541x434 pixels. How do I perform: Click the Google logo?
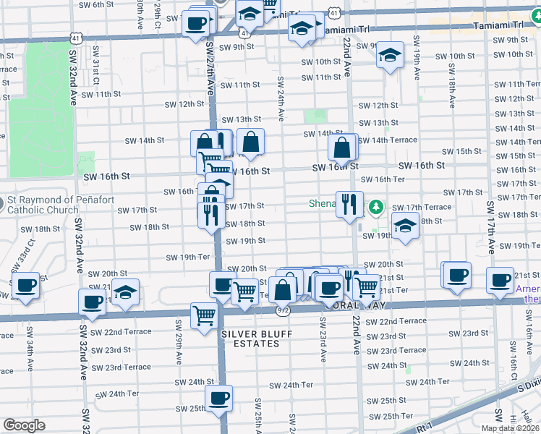[24, 425]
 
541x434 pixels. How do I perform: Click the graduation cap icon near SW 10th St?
[390, 56]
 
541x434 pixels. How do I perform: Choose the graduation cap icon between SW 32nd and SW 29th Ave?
[126, 292]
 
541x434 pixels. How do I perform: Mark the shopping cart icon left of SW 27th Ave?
[203, 315]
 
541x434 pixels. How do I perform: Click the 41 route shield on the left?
[77, 36]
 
